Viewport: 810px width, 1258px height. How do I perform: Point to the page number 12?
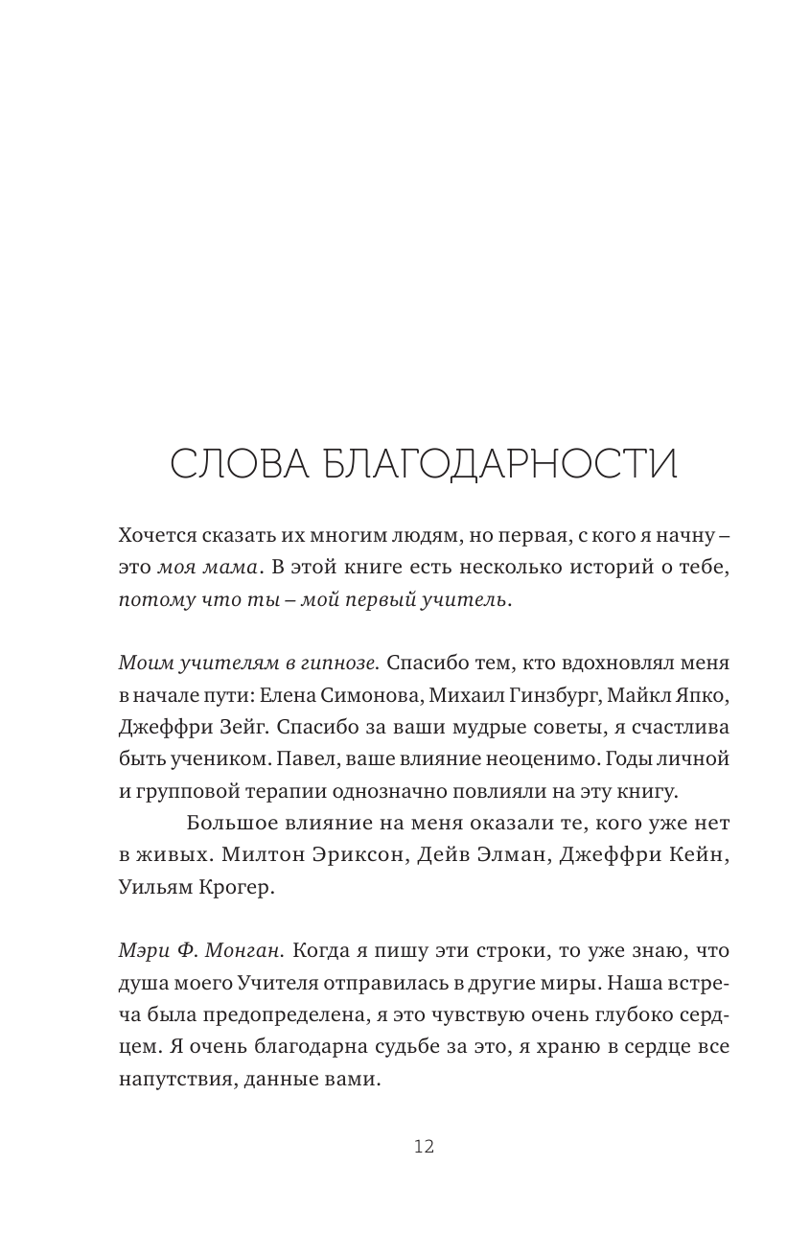click(x=424, y=1147)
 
